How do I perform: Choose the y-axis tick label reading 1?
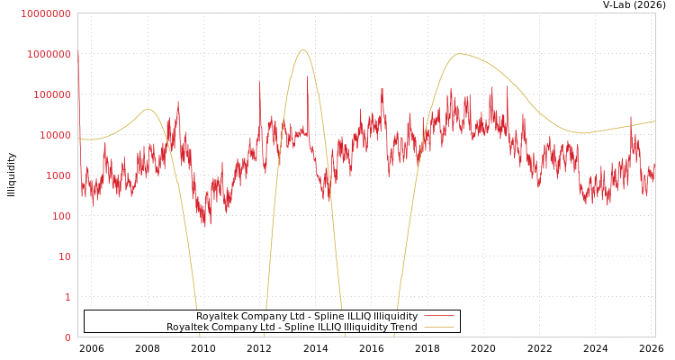pos(67,297)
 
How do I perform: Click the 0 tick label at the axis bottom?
pos(67,337)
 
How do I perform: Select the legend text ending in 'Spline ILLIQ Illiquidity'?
pos(307,316)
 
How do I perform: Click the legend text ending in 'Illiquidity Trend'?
pos(292,327)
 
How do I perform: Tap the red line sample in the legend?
pos(438,316)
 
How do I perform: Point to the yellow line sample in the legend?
pos(438,327)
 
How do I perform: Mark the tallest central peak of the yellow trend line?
pos(303,50)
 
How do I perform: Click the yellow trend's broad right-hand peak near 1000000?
pos(460,54)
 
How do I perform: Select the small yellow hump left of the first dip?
pos(148,110)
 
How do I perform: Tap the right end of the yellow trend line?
pos(654,121)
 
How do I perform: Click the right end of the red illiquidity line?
pos(654,166)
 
